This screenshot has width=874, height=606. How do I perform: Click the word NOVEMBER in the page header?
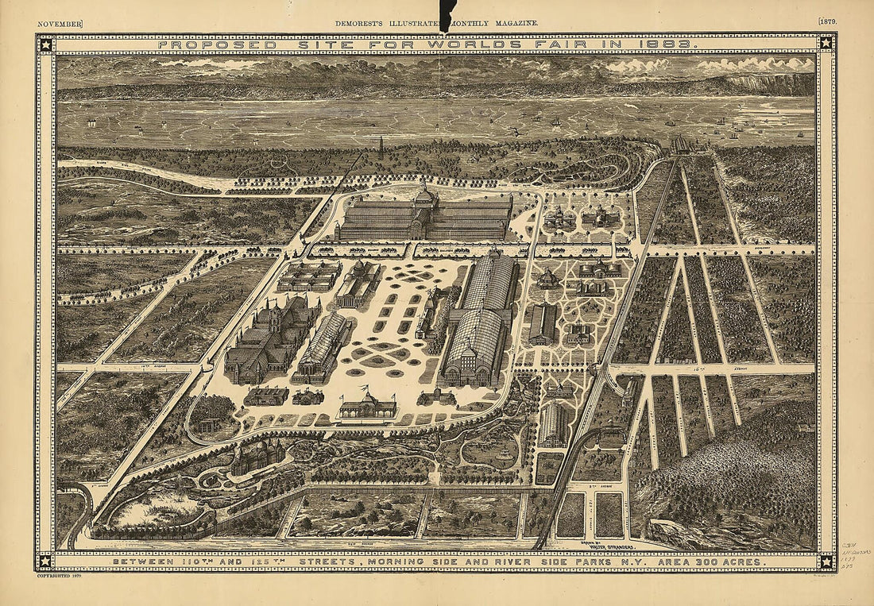pyautogui.click(x=60, y=24)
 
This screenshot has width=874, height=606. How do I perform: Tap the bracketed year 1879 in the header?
pyautogui.click(x=826, y=23)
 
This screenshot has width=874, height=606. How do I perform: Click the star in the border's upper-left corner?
pyautogui.click(x=45, y=44)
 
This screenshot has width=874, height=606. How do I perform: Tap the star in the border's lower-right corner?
pyautogui.click(x=826, y=561)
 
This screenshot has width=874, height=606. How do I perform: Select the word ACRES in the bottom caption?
pyautogui.click(x=741, y=562)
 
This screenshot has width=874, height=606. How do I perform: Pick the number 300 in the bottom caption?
pyautogui.click(x=694, y=562)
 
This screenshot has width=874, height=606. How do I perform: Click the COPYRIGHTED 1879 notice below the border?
pyautogui.click(x=60, y=576)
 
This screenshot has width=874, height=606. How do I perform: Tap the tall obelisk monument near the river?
pyautogui.click(x=381, y=146)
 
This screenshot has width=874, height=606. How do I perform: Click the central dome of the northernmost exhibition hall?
pyautogui.click(x=424, y=195)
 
